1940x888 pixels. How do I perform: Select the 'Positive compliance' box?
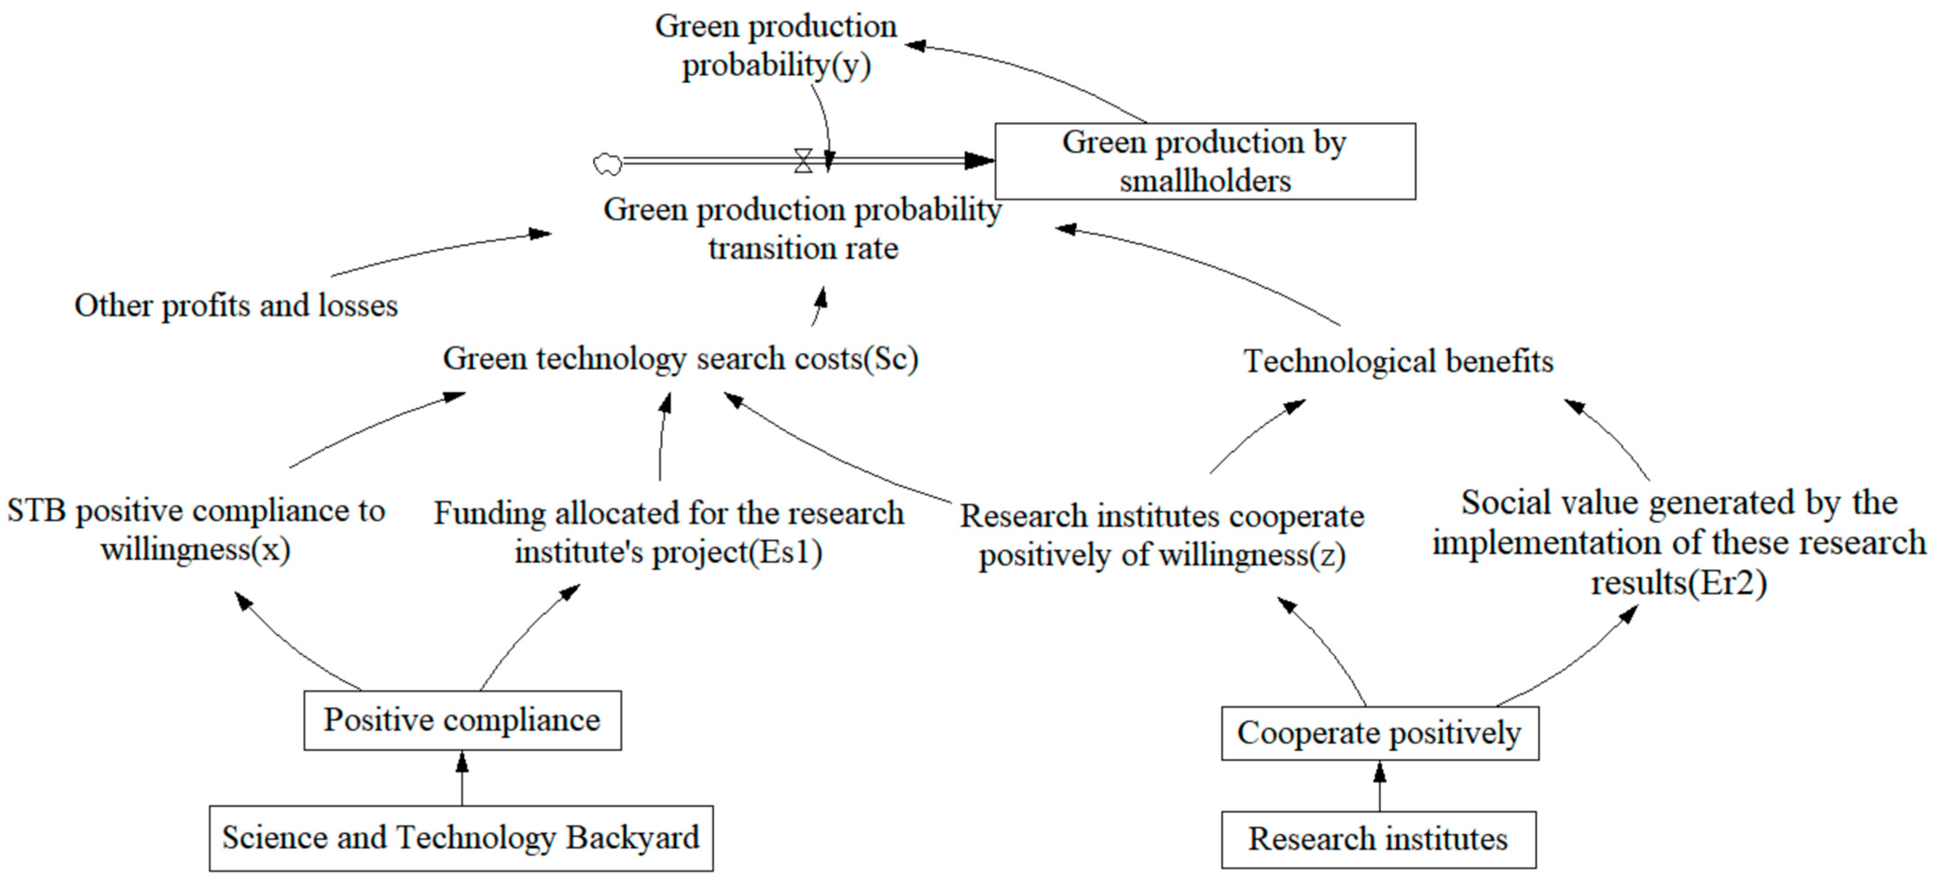pos(462,720)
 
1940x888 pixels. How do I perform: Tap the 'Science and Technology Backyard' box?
pos(461,837)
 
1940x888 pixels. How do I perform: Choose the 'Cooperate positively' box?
pos(1379,733)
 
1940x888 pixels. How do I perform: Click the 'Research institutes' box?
pos(1378,839)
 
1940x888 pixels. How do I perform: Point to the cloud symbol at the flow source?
pos(608,164)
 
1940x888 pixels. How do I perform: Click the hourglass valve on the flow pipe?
pos(803,161)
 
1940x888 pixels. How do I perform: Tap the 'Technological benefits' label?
pos(1398,361)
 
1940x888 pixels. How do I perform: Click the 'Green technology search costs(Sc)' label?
pos(680,359)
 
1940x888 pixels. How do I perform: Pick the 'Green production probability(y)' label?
pos(776,45)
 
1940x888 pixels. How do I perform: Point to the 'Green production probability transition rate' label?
pos(803,228)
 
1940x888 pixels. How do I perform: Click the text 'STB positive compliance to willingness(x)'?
pos(196,529)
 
